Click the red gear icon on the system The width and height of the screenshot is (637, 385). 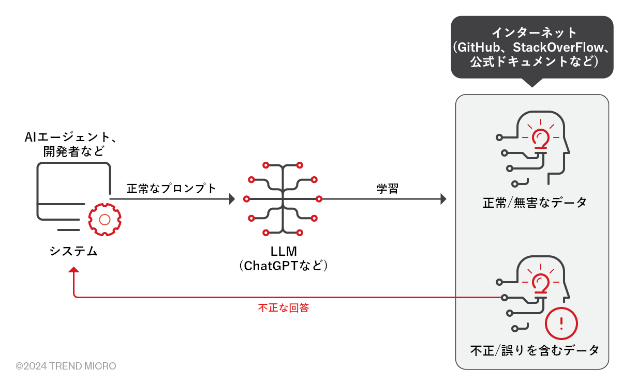(105, 220)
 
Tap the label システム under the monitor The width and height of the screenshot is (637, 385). (73, 251)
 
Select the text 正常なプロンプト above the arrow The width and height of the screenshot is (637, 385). (171, 189)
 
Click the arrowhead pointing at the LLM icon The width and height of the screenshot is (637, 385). (231, 198)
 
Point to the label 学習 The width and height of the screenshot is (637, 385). (387, 189)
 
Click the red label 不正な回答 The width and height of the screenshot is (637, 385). (284, 308)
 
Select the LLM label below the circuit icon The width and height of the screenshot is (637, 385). (284, 252)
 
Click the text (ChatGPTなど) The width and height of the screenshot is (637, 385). (284, 266)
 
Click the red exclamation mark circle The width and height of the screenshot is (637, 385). (561, 322)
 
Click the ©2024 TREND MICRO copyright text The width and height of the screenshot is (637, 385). (66, 366)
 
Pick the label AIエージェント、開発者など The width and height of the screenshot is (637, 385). (73, 145)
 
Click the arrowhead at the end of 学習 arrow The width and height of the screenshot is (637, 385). (443, 198)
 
